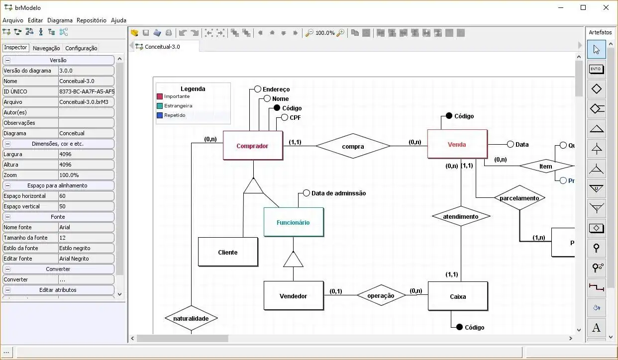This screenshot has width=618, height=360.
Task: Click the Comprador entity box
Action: [x=253, y=146]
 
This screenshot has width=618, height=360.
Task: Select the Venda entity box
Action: [x=457, y=145]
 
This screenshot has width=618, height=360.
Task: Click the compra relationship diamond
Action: [x=353, y=147]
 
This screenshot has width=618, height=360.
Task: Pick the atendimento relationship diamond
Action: [x=461, y=216]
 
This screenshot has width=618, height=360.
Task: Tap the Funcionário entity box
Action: [x=294, y=222]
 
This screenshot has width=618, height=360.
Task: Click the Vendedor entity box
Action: [x=294, y=296]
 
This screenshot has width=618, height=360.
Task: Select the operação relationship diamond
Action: [x=381, y=295]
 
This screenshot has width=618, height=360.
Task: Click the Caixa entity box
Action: [x=458, y=296]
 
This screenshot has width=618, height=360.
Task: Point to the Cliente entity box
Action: [x=228, y=252]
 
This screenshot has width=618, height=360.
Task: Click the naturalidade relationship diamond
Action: [x=191, y=318]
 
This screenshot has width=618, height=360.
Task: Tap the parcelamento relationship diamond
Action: [x=519, y=198]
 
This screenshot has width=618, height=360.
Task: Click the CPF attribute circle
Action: [x=285, y=118]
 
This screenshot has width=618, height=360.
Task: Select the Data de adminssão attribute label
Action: [x=338, y=193]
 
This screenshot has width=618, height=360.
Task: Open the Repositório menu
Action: [x=92, y=20]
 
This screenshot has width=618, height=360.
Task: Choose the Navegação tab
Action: [x=46, y=48]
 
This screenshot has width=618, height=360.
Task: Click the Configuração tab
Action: [x=81, y=48]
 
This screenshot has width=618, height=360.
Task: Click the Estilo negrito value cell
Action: [x=86, y=248]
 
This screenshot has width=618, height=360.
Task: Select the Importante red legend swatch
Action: [x=160, y=96]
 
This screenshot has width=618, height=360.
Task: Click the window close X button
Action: [x=606, y=7]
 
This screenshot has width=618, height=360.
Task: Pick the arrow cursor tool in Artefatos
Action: [x=597, y=49]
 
